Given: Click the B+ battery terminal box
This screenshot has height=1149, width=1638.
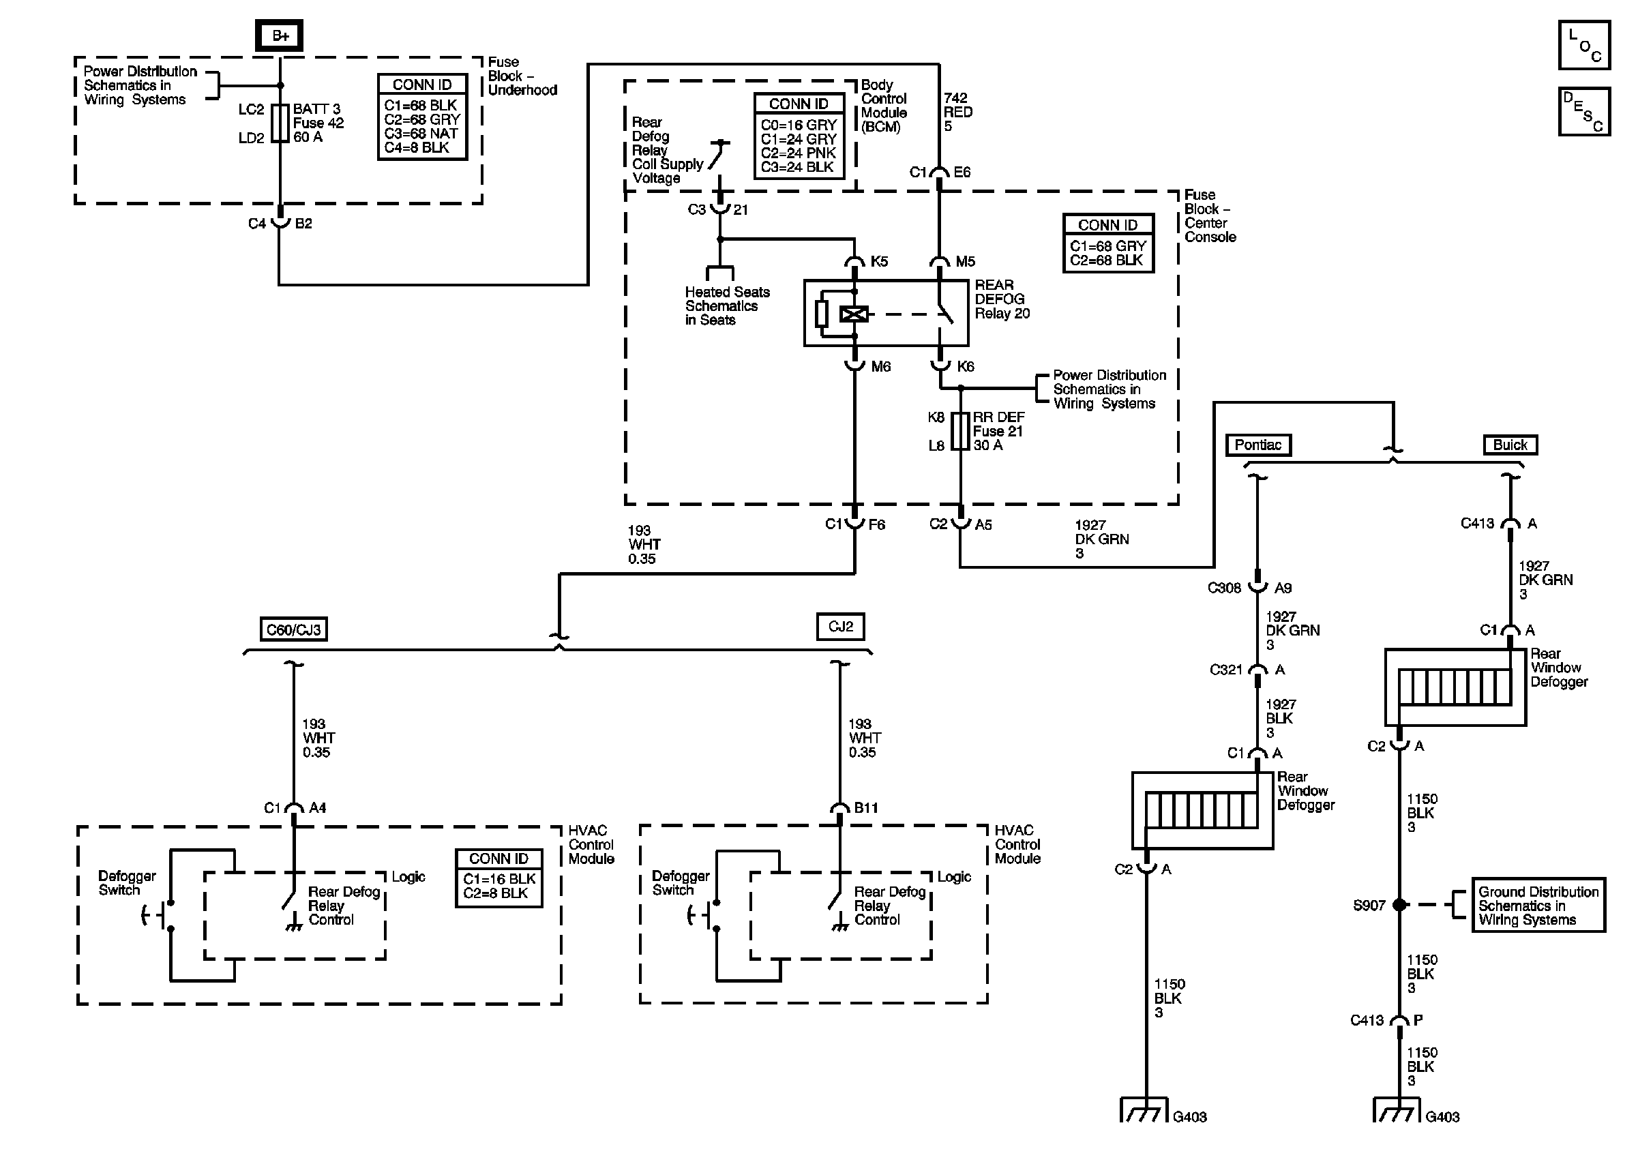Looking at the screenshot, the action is tap(279, 35).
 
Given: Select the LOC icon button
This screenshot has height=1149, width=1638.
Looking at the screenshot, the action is tap(1583, 45).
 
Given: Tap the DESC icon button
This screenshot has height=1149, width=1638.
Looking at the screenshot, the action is tap(1583, 111).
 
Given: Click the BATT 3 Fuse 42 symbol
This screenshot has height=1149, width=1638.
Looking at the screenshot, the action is tap(280, 123).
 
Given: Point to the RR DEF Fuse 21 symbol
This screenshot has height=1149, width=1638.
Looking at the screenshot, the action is tap(961, 431).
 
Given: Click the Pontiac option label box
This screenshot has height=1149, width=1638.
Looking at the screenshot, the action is tap(1258, 445).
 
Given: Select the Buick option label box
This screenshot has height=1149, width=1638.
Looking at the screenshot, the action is tap(1510, 445).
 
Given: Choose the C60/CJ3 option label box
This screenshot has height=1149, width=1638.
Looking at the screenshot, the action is tap(293, 629).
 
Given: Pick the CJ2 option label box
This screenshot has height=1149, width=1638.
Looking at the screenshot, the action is tap(840, 626).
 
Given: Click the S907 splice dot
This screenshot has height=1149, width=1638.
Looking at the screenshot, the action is tap(1399, 905).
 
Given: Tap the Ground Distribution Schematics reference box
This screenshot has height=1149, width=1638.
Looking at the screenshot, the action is tap(1538, 905).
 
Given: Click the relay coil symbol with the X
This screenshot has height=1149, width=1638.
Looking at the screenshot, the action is tap(854, 314).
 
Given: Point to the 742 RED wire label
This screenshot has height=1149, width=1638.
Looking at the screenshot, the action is tap(957, 112).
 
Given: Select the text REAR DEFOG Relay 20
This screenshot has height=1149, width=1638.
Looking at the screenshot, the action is tap(1002, 299).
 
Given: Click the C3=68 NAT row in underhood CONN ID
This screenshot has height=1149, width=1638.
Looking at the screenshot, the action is tap(421, 134).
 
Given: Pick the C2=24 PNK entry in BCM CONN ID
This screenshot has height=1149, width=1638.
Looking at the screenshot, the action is tap(799, 153).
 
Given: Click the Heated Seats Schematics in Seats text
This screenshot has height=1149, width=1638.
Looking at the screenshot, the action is tap(727, 306).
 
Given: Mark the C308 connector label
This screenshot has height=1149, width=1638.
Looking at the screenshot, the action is tap(1224, 588).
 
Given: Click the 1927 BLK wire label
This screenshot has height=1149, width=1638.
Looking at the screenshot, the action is tap(1281, 718).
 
